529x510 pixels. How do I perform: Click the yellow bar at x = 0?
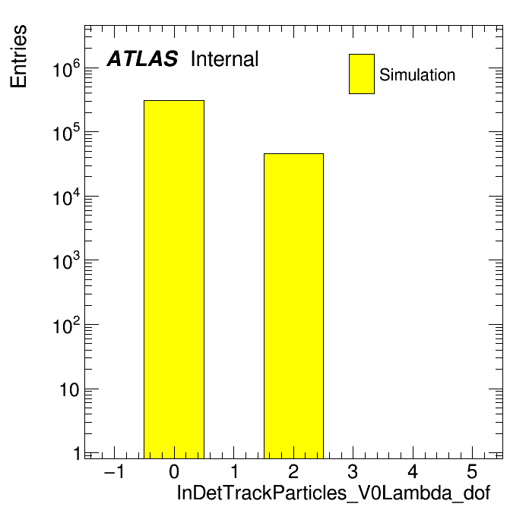click(174, 279)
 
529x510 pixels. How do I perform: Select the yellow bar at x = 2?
click(293, 306)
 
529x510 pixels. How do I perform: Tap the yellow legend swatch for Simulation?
click(362, 74)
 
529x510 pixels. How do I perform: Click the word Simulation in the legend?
click(417, 75)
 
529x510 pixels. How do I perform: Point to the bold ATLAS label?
click(142, 58)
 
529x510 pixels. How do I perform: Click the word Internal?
click(225, 58)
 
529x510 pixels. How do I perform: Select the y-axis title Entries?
click(18, 56)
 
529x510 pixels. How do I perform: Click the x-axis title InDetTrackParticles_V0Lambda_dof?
click(334, 493)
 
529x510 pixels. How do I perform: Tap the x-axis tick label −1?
click(114, 471)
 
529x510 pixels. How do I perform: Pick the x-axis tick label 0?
click(174, 471)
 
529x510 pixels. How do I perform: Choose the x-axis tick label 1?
click(234, 471)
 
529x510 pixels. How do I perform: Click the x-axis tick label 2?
click(293, 471)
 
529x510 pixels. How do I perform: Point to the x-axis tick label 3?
click(353, 471)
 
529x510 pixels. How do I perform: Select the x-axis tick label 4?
click(413, 471)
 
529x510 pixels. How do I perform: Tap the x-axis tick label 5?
click(472, 471)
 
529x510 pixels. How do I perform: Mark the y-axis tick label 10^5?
click(66, 132)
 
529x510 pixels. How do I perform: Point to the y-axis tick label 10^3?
click(66, 261)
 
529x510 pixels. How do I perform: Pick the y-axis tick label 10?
click(69, 390)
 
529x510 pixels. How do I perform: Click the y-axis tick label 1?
click(78, 453)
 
